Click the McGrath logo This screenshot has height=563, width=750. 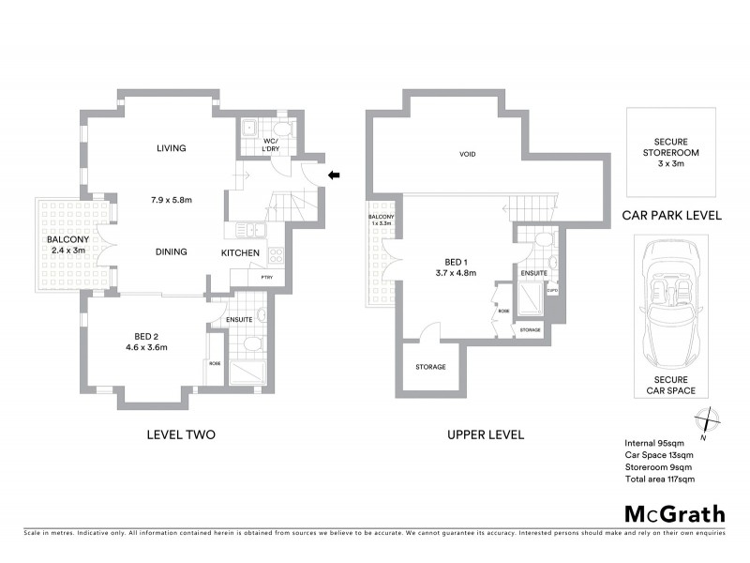(674, 513)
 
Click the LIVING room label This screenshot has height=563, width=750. (172, 148)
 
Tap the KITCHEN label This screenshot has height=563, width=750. (240, 253)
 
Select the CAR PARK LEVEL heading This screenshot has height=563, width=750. (671, 215)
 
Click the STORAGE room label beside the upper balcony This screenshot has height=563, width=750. (430, 367)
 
